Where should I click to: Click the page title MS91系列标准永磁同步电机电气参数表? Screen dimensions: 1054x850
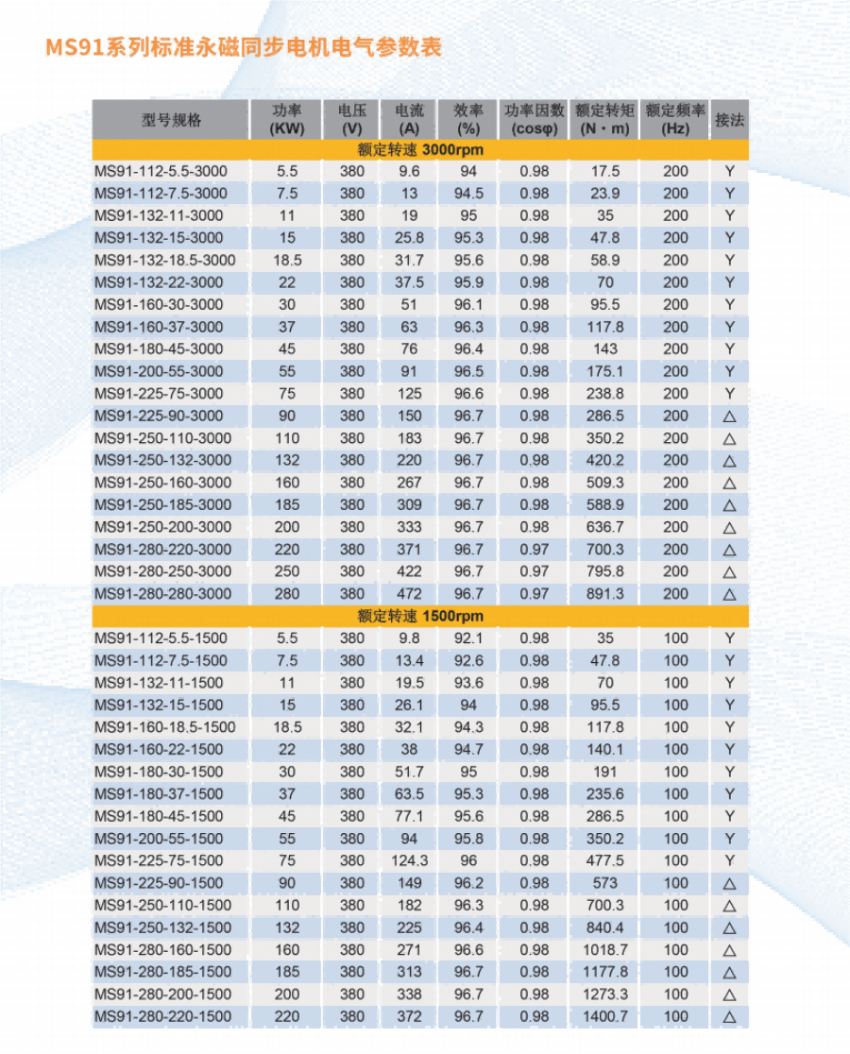point(244,47)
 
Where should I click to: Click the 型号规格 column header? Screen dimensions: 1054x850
point(171,120)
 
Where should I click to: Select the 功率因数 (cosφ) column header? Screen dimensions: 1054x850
point(534,120)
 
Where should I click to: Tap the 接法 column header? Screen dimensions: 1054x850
point(729,120)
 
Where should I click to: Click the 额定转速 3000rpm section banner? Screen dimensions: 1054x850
point(420,149)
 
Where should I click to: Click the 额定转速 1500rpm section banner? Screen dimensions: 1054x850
point(420,616)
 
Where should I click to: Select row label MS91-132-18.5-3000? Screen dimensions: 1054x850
point(165,260)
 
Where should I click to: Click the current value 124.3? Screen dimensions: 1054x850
point(410,860)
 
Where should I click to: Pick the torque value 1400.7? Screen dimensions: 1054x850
point(604,1016)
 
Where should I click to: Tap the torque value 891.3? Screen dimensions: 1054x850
point(604,594)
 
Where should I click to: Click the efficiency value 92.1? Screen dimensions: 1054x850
point(468,637)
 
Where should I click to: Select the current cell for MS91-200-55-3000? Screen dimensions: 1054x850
point(410,371)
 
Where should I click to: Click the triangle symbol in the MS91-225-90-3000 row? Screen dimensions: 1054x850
point(729,416)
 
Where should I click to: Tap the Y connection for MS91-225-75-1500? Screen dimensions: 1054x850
point(729,860)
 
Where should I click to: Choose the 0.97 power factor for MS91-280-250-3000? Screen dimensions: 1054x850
point(534,571)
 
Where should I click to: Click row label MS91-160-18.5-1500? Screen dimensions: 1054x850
point(165,727)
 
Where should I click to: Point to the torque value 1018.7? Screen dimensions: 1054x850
point(604,949)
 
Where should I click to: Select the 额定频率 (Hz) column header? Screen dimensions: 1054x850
point(675,120)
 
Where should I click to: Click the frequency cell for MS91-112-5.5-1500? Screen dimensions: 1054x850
point(675,637)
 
